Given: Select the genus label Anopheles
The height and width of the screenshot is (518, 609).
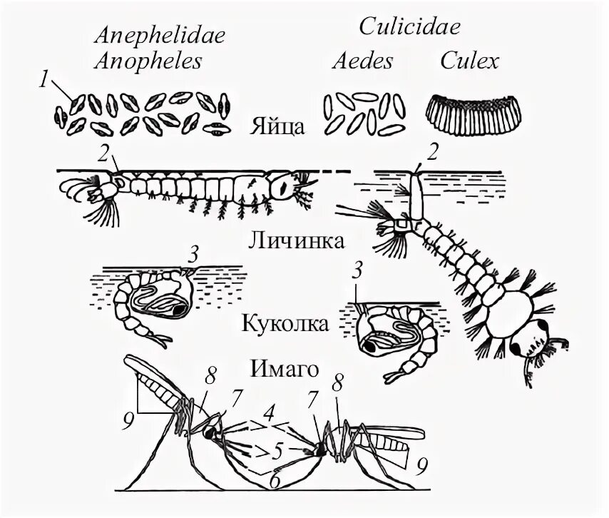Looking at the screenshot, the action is [x=148, y=61].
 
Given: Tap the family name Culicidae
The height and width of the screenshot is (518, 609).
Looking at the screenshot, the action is [x=409, y=27].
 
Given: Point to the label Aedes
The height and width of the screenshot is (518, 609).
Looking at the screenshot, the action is [x=363, y=61].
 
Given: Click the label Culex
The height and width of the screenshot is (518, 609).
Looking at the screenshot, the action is [x=469, y=61].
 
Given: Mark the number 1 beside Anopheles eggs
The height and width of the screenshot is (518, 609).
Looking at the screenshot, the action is [x=44, y=81].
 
